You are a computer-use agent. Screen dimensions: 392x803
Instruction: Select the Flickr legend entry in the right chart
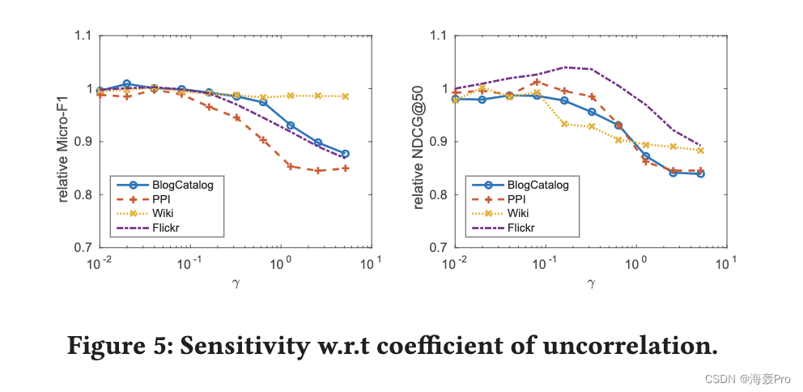click(x=522, y=228)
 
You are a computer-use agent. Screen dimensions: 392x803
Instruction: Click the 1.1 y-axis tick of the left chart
click(x=83, y=36)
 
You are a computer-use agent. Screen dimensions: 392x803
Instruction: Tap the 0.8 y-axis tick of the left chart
click(x=83, y=194)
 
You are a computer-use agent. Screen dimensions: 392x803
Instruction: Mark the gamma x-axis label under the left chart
click(x=236, y=283)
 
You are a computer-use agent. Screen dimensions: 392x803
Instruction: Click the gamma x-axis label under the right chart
click(x=591, y=283)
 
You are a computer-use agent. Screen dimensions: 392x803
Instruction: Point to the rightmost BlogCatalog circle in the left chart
click(x=345, y=154)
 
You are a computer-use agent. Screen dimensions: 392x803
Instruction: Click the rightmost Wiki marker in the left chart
click(x=345, y=96)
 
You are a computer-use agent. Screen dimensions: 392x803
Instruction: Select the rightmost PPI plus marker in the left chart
click(x=345, y=168)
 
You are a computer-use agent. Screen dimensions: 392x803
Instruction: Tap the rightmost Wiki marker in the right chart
click(x=700, y=151)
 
